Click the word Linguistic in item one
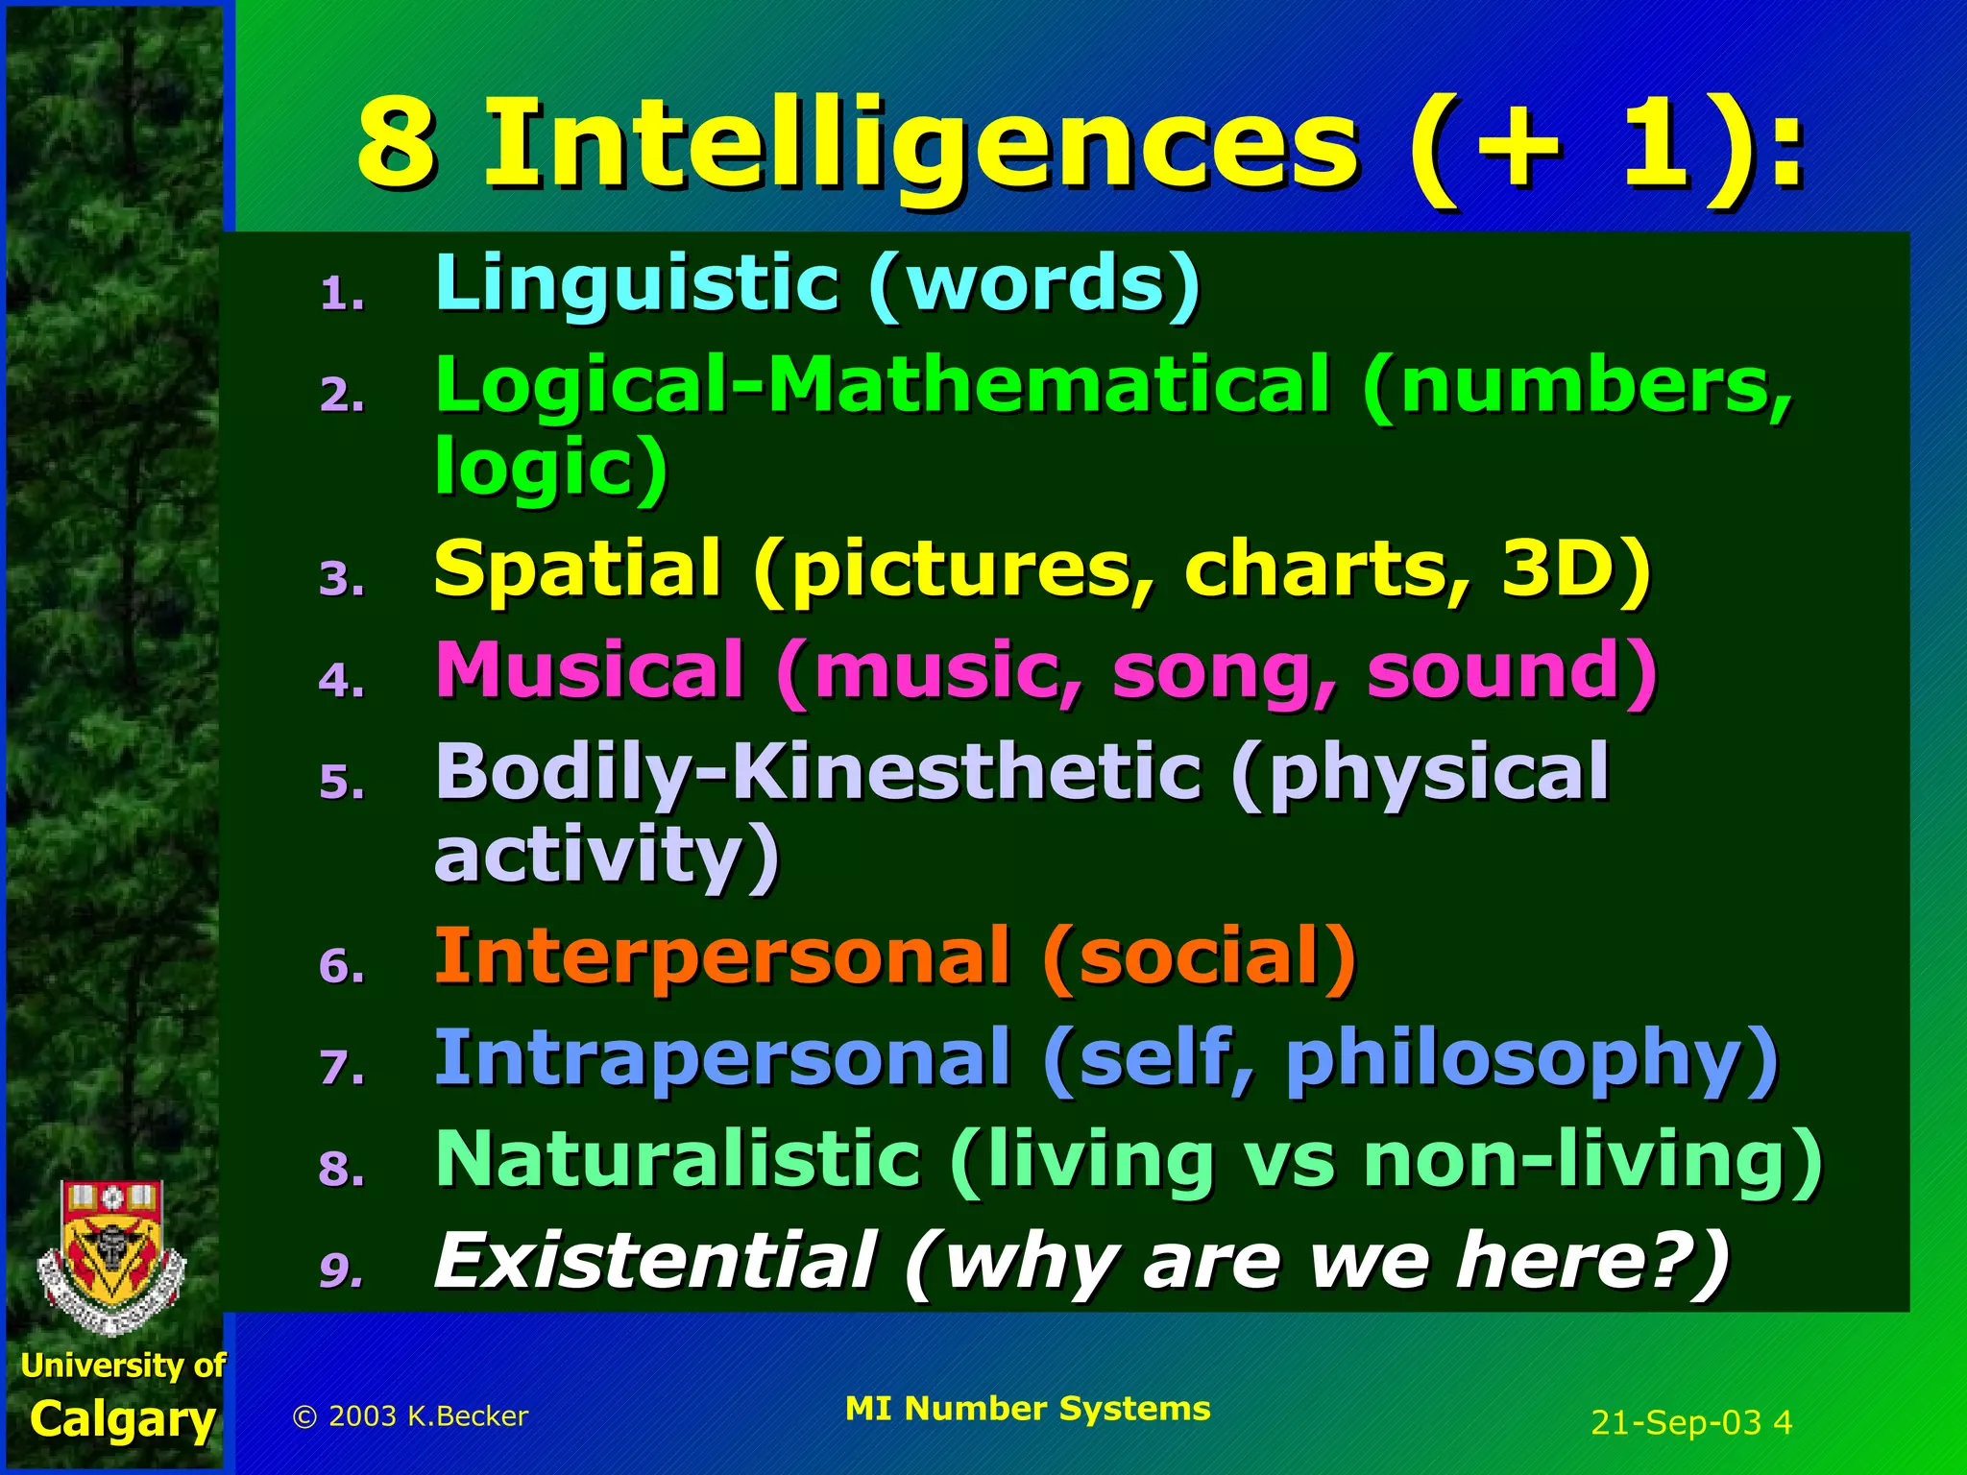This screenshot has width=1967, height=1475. (637, 284)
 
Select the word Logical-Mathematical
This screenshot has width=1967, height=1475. (882, 386)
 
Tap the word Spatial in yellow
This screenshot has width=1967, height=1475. (577, 568)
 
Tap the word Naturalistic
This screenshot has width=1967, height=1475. (678, 1160)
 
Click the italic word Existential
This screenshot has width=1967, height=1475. (653, 1261)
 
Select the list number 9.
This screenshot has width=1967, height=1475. (341, 1269)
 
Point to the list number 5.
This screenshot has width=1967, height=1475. (341, 783)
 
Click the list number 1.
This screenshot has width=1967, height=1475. (341, 295)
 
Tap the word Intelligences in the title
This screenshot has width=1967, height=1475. (922, 146)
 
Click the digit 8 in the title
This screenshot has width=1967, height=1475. (395, 146)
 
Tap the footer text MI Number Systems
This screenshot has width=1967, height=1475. (1028, 1409)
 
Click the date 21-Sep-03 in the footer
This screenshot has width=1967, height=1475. (1676, 1422)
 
